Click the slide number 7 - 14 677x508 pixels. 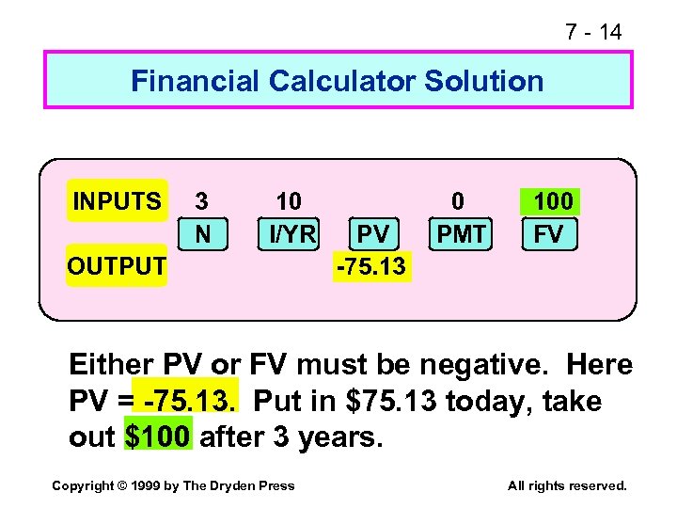point(592,32)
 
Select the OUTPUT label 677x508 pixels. point(117,266)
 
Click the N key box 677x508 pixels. point(202,233)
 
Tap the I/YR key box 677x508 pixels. point(289,233)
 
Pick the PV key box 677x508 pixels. point(373,233)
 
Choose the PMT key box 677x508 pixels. point(461,233)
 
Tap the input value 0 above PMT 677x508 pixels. point(458,201)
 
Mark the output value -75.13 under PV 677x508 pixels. point(371,266)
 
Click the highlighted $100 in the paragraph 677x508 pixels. point(158,437)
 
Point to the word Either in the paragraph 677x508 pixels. point(111,364)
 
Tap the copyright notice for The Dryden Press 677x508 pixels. point(173,485)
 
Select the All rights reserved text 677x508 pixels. point(566,485)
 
